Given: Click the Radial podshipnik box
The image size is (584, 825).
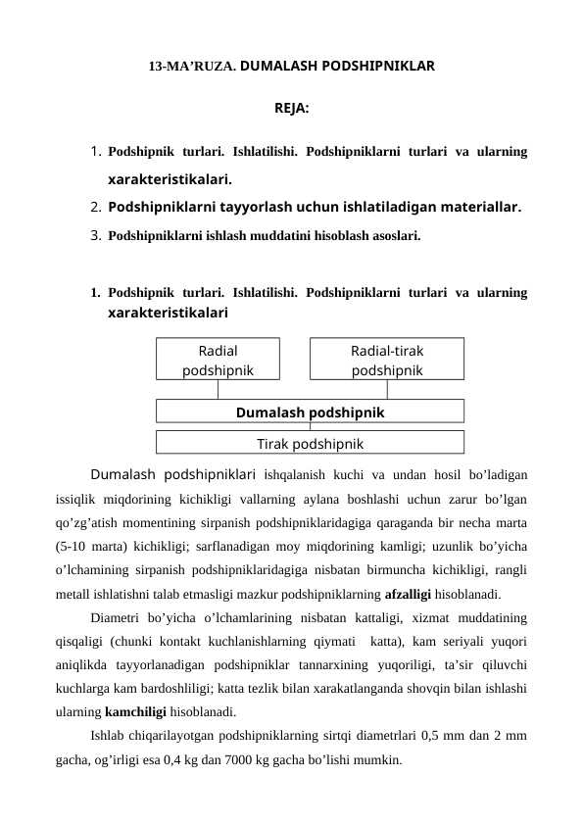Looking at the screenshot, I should [x=218, y=360].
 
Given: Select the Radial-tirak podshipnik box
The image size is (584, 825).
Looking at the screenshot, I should [x=387, y=360].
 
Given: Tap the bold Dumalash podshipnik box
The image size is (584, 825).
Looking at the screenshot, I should [x=310, y=412].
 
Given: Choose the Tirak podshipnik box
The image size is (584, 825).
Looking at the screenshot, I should [x=310, y=444].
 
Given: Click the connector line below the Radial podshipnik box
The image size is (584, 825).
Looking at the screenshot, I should [x=218, y=389].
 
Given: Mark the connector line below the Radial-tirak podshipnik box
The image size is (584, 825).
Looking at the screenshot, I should [x=387, y=389].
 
